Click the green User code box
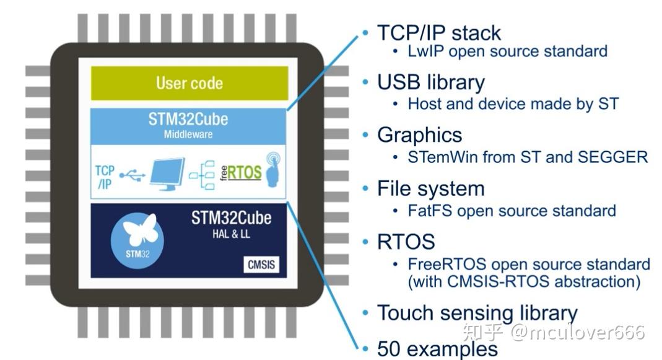point(189,83)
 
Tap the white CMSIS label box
point(260,265)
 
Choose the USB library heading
point(430,82)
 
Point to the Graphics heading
point(419,135)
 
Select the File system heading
point(430,188)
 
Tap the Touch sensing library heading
point(477,313)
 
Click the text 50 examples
point(437,349)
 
